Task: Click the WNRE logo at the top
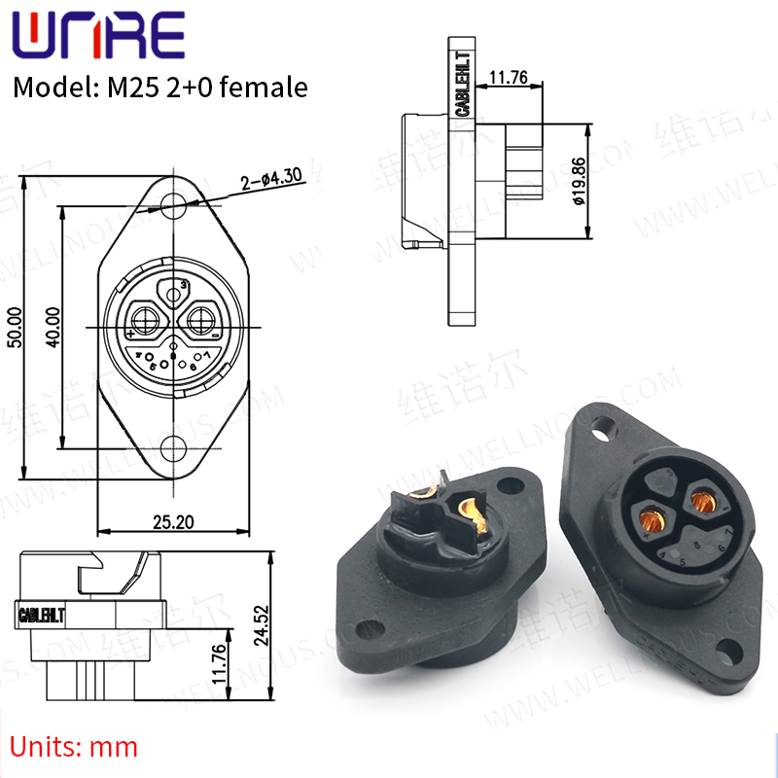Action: point(97,36)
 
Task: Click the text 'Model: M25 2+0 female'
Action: point(160,88)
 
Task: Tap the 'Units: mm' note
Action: point(75,747)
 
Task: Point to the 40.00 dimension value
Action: point(53,327)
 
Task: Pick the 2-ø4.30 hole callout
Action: point(269,179)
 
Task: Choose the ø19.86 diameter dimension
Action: point(578,183)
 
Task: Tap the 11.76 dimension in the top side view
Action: point(508,77)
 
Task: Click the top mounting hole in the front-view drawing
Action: point(174,205)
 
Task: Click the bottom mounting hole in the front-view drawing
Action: point(174,448)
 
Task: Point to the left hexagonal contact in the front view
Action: point(147,318)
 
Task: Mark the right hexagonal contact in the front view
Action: point(202,318)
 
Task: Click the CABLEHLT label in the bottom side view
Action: point(42,615)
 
